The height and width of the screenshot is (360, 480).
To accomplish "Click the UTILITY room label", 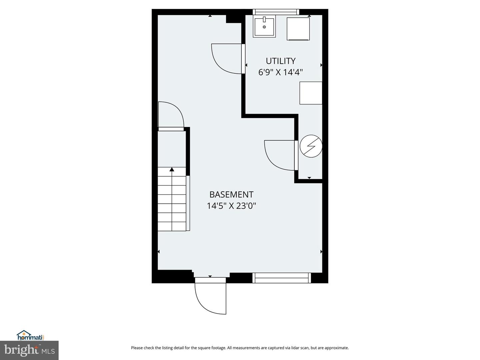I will coord(280,61).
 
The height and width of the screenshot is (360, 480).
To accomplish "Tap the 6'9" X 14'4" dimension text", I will coord(280,72).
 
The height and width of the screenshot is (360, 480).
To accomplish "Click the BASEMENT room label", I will coord(231,195).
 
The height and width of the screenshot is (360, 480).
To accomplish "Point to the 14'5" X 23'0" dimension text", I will coord(231,206).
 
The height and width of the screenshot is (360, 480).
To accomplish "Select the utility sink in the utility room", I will coord(264,27).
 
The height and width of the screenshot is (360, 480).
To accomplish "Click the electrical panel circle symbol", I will coord(311,146).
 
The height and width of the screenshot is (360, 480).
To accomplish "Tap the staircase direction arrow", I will coord(172,170).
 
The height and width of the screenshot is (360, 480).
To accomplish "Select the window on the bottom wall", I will coord(282,278).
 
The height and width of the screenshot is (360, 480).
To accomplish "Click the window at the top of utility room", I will coord(276,12).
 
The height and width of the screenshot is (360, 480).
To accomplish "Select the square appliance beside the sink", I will coord(298,29).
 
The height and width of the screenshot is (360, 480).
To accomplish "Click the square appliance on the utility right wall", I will coord(311,93).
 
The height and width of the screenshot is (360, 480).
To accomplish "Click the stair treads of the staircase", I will coord(172,203).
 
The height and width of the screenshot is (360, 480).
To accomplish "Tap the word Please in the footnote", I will coord(137,348).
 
